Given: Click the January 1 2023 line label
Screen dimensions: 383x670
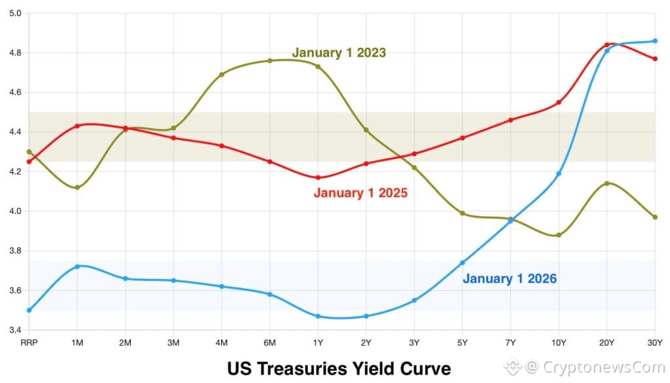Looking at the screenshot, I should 338,52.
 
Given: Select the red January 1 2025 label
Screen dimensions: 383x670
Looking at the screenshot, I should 361,193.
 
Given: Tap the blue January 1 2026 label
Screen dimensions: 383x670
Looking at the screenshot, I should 510,279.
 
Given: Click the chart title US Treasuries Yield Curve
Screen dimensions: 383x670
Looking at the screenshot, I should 339,368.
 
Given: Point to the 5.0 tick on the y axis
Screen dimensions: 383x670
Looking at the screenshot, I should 14,13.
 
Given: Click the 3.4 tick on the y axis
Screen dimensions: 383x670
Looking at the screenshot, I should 14,330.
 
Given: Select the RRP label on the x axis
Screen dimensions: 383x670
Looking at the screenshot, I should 29,342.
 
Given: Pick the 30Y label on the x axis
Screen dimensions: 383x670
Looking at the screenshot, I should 655,342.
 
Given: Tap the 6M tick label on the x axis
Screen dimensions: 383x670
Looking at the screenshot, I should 270,342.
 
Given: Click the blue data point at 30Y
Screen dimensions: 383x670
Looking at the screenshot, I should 655,41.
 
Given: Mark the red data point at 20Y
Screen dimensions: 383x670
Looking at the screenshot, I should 607,45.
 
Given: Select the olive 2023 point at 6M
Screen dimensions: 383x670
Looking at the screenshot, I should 270,61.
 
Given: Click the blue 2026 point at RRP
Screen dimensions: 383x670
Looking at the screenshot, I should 29,310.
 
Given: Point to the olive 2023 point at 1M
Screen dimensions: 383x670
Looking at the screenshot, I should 77,188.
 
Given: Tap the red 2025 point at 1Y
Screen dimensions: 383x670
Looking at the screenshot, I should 318,177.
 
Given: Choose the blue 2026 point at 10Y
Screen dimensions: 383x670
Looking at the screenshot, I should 559,173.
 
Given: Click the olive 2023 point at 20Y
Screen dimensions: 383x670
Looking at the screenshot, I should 607,183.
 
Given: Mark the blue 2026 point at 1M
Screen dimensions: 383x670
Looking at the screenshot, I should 77,266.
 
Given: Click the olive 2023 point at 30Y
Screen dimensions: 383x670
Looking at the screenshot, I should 655,217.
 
